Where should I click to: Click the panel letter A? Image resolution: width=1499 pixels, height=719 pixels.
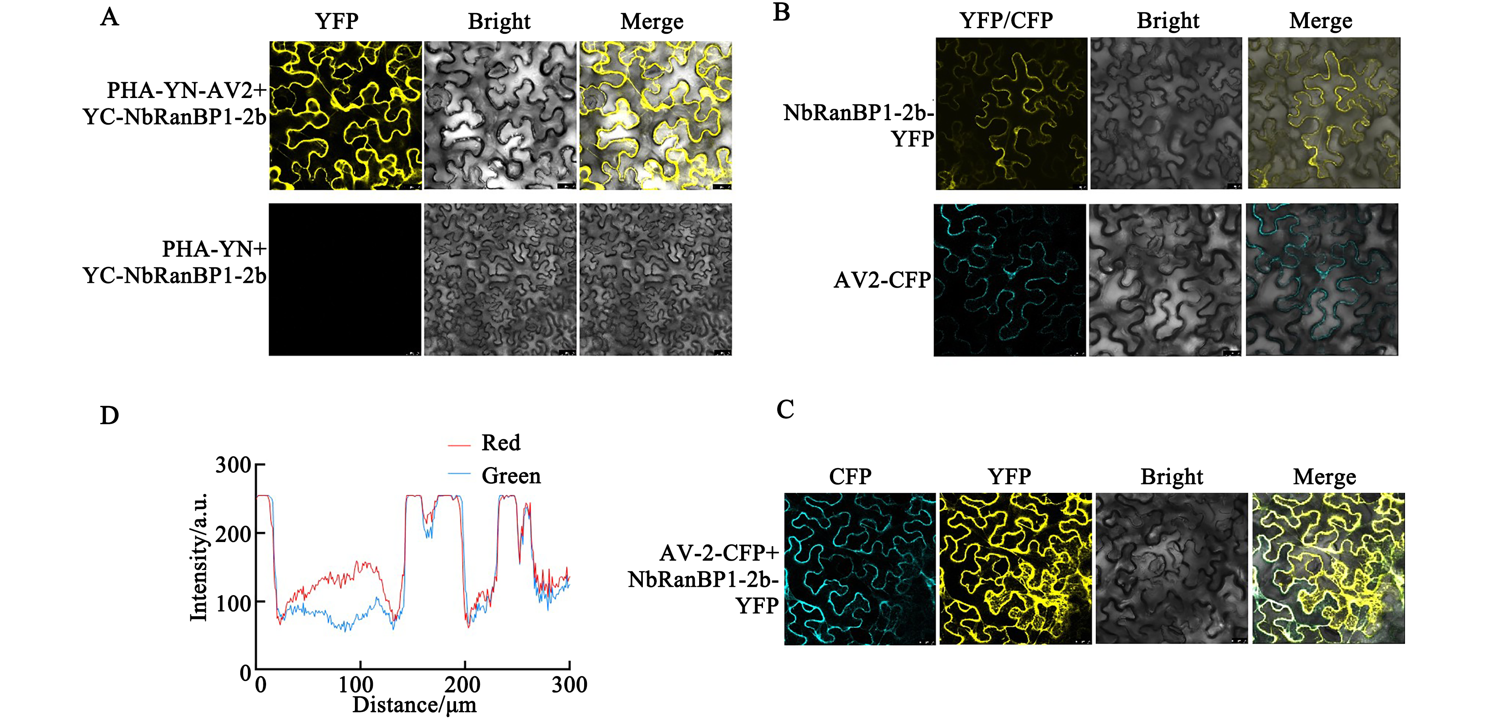[109, 17]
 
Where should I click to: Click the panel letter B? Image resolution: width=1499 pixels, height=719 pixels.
[782, 12]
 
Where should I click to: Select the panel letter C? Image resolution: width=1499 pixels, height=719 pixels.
[785, 409]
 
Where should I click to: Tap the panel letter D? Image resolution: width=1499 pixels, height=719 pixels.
[109, 416]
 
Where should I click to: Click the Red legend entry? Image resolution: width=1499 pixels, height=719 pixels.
[500, 443]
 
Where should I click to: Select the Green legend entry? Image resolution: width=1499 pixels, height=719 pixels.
[510, 476]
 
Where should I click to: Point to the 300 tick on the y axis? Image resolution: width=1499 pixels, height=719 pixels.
[233, 465]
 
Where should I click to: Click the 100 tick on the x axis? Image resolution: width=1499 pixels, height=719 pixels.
[356, 684]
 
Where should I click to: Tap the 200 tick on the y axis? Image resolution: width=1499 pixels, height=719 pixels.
[233, 533]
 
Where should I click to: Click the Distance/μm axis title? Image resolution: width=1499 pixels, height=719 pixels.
[414, 705]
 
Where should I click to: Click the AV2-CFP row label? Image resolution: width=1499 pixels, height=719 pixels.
[882, 280]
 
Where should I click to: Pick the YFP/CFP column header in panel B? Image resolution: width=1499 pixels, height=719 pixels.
[1006, 20]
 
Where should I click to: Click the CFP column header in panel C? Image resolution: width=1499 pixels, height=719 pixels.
[850, 477]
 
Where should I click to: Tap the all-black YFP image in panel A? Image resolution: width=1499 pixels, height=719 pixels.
[345, 279]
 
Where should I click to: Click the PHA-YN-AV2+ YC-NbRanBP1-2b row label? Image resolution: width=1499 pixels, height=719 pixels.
[174, 104]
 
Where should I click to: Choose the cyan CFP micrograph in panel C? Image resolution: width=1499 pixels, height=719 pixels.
[859, 569]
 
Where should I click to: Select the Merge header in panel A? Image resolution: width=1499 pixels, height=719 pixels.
[652, 21]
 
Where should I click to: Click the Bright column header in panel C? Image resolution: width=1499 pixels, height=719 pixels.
[1171, 477]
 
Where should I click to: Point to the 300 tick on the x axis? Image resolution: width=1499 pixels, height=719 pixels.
[569, 684]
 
